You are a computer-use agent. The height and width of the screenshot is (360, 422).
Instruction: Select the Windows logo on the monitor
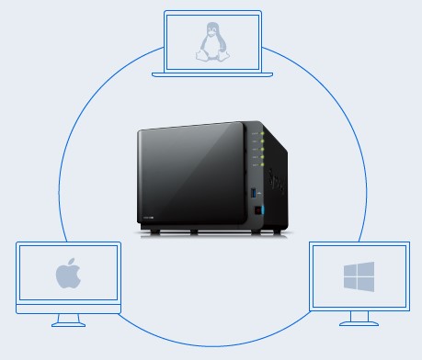(x=359, y=276)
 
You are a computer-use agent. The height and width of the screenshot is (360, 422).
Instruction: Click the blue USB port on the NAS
(x=260, y=194)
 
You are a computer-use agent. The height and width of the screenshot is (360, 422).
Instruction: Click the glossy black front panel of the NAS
(x=189, y=180)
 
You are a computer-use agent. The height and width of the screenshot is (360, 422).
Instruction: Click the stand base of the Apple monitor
(x=67, y=325)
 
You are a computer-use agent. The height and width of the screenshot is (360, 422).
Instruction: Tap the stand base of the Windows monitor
(x=359, y=323)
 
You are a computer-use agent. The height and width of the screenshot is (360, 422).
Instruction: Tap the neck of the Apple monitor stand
(x=67, y=318)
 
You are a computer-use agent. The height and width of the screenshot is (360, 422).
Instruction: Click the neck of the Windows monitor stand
(x=359, y=316)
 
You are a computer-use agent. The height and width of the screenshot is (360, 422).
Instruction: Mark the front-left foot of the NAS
(x=148, y=231)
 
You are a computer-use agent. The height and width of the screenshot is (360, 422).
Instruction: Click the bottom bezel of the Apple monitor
(x=67, y=308)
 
